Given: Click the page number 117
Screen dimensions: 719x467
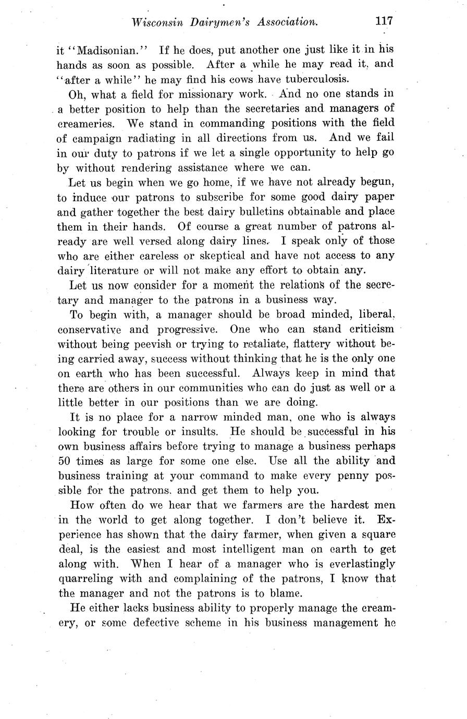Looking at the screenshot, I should coord(383,21).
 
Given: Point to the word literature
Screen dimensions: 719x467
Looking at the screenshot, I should coord(116,270).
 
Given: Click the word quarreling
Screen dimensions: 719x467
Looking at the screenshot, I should coord(87,578).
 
